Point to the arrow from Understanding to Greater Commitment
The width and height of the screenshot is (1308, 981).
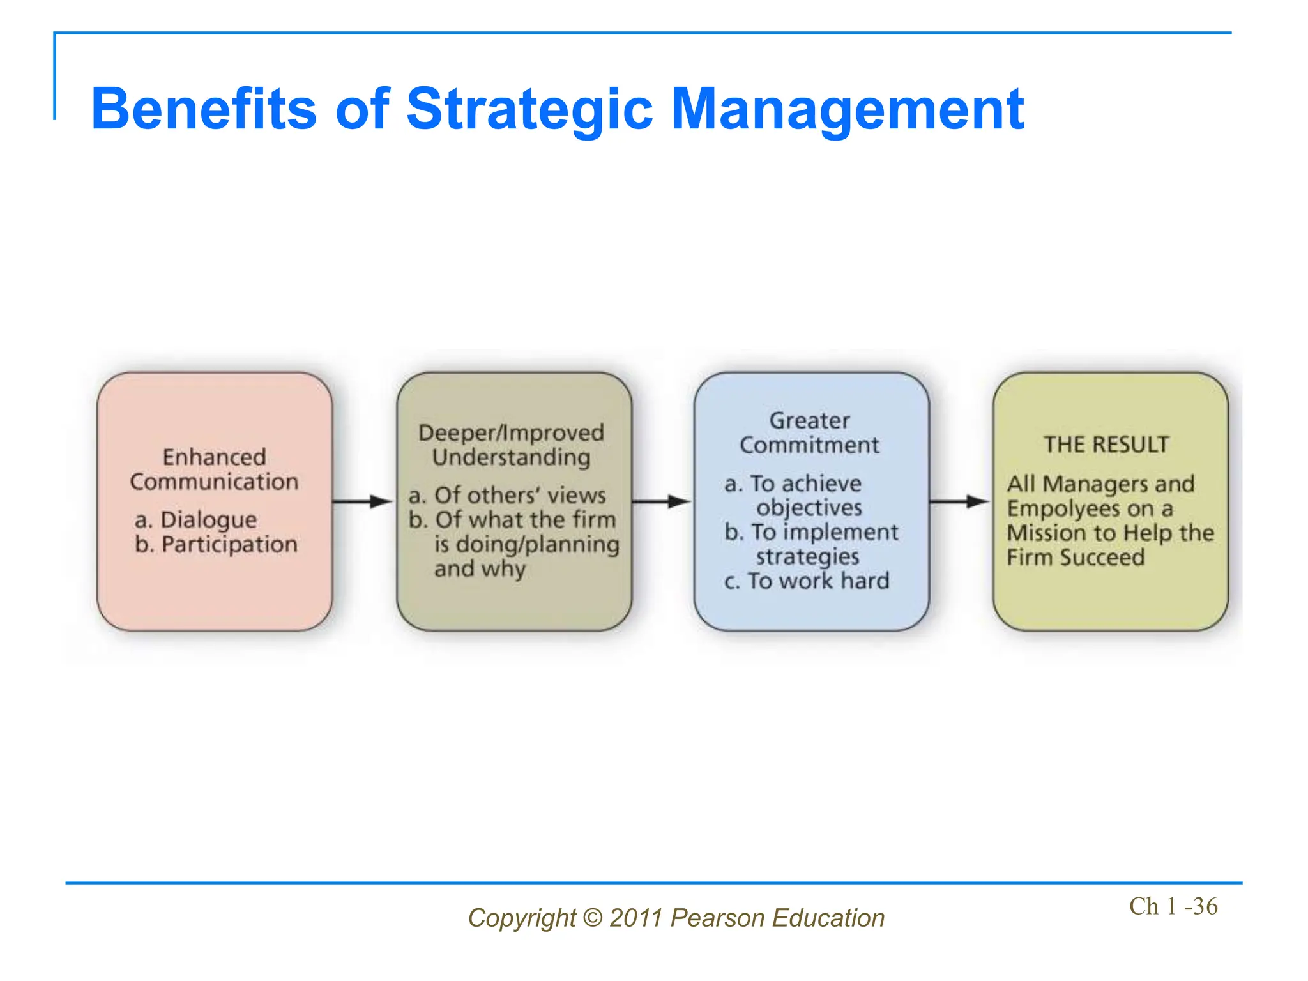(662, 501)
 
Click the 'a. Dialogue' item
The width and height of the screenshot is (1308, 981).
(196, 520)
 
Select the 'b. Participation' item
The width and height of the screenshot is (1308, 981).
(216, 544)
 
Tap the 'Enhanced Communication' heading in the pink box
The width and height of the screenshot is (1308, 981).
(214, 469)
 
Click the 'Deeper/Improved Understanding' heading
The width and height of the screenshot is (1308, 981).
(511, 445)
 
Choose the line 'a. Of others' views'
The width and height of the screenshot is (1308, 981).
(507, 496)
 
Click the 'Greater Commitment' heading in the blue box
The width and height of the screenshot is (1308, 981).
(809, 433)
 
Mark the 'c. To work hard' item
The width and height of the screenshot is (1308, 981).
(807, 581)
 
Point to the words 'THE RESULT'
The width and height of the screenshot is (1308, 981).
(1106, 445)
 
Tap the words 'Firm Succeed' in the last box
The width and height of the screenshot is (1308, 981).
(1076, 558)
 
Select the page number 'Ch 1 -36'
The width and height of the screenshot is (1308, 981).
(1173, 906)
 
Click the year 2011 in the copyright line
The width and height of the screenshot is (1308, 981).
(635, 918)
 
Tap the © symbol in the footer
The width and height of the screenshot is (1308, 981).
(593, 918)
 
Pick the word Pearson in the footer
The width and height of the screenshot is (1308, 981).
(718, 918)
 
